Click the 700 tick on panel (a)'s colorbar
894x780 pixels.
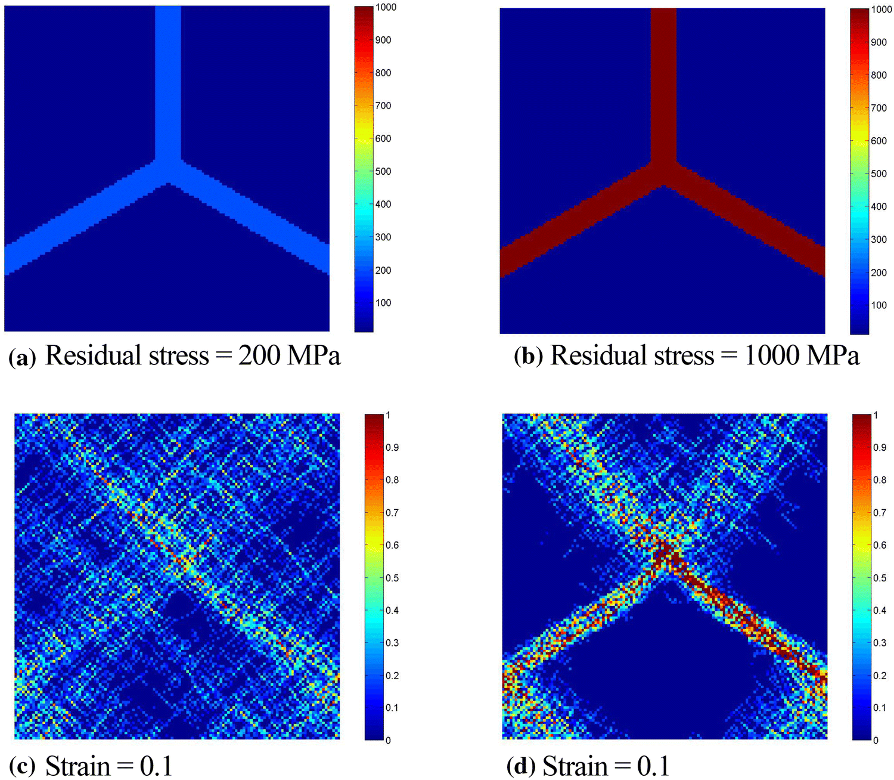(383, 106)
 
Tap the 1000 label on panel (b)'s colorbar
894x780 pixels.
(881, 9)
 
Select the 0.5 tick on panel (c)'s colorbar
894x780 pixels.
(392, 578)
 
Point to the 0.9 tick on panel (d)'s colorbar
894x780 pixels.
(879, 447)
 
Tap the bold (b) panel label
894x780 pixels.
(528, 357)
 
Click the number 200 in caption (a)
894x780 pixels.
(259, 356)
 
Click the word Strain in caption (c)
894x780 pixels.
(78, 766)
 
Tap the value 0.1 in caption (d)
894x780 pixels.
(654, 766)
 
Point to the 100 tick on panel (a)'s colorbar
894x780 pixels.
(383, 302)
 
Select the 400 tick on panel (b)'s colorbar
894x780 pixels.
(879, 206)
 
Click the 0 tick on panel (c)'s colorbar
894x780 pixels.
(388, 740)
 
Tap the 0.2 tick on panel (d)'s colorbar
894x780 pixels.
(879, 676)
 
